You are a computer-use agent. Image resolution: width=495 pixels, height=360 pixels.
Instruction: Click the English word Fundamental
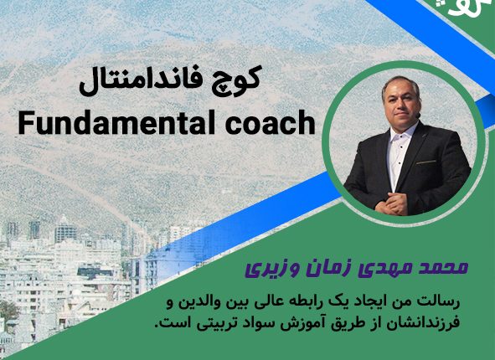point(112,122)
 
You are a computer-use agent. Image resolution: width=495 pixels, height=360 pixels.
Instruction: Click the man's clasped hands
point(389,203)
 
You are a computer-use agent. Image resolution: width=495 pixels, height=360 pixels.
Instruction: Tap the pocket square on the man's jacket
point(425,162)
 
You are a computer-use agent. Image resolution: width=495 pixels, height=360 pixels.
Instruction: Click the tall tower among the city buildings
point(65,229)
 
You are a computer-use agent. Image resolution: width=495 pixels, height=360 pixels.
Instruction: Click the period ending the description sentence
point(157,327)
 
